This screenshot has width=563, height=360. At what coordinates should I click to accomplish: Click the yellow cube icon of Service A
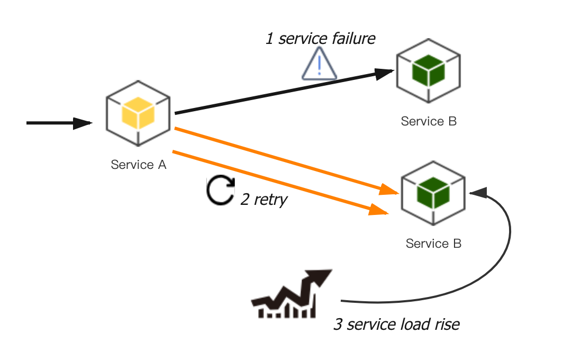(x=138, y=113)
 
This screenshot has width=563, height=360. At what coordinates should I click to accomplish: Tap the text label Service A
(x=139, y=165)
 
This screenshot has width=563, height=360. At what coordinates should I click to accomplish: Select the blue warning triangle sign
(x=319, y=64)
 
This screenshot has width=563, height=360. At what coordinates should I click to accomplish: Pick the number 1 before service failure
(x=269, y=39)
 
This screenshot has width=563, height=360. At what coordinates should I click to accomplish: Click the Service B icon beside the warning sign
(x=429, y=70)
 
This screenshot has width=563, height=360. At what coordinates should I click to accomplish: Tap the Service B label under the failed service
(x=429, y=121)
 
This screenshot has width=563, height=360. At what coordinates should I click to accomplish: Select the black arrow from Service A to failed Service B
(x=280, y=93)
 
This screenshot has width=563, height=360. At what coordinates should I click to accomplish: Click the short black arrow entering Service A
(x=58, y=123)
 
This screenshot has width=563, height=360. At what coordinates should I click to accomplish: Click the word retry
(x=270, y=200)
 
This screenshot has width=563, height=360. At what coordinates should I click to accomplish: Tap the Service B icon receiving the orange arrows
(x=433, y=193)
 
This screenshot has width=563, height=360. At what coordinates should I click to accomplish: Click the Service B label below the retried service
(x=433, y=244)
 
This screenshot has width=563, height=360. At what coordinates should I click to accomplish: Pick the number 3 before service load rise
(x=338, y=324)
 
